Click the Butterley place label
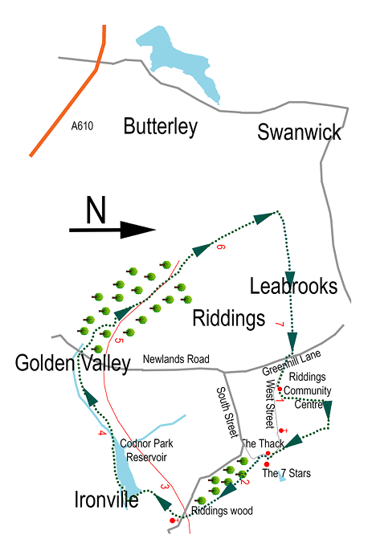point(160,126)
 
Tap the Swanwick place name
point(299,132)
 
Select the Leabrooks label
point(293,286)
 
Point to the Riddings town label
point(229,319)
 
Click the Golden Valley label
point(72,364)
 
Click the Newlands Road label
point(175,359)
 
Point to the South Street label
point(227,412)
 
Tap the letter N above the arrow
point(96,210)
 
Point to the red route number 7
point(279,325)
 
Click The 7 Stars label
point(287,473)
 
